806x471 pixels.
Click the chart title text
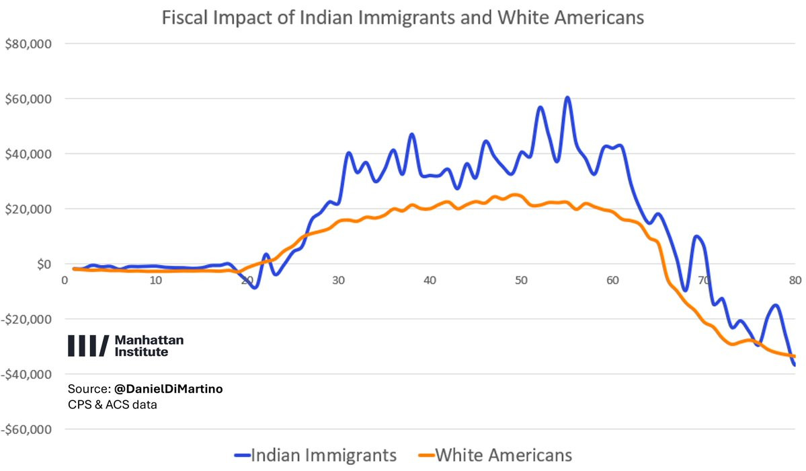click(403, 17)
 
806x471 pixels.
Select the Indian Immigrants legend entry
click(315, 455)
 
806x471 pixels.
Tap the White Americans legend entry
click(495, 455)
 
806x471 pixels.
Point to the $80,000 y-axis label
click(28, 44)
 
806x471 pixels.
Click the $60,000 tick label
click(28, 99)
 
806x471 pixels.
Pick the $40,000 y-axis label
click(28, 154)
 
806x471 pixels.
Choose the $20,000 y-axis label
click(28, 209)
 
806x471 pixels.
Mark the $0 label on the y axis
click(44, 264)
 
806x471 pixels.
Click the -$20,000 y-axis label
click(26, 319)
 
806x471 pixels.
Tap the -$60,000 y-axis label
click(26, 429)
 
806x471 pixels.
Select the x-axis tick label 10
click(156, 281)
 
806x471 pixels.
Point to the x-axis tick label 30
click(338, 281)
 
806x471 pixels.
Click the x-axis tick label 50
click(521, 281)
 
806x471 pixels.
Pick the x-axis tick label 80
click(795, 280)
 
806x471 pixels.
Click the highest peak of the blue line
click(567, 98)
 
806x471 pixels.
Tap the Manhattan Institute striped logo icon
click(89, 346)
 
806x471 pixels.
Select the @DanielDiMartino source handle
click(169, 389)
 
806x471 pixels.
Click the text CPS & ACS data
click(112, 404)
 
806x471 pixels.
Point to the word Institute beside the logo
click(141, 352)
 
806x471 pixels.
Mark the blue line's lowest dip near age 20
click(255, 287)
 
